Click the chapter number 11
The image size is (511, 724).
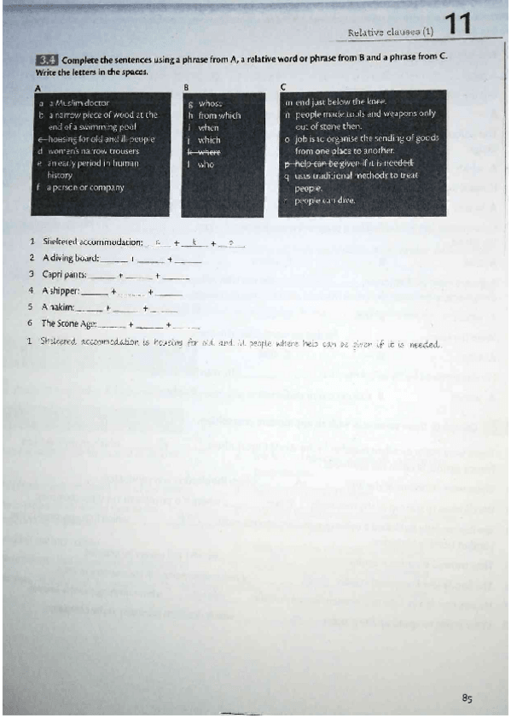[459, 24]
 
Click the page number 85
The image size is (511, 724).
[467, 698]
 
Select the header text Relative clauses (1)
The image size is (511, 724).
[391, 32]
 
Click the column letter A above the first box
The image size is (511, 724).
[38, 88]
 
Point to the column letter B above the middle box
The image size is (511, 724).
[186, 88]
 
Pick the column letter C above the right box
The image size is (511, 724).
[284, 88]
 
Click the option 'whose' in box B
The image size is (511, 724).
[210, 102]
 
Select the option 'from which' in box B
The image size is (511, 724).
[219, 114]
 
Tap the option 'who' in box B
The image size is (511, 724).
[206, 164]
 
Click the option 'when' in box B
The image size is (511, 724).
[209, 127]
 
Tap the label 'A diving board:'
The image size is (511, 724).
[71, 258]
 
